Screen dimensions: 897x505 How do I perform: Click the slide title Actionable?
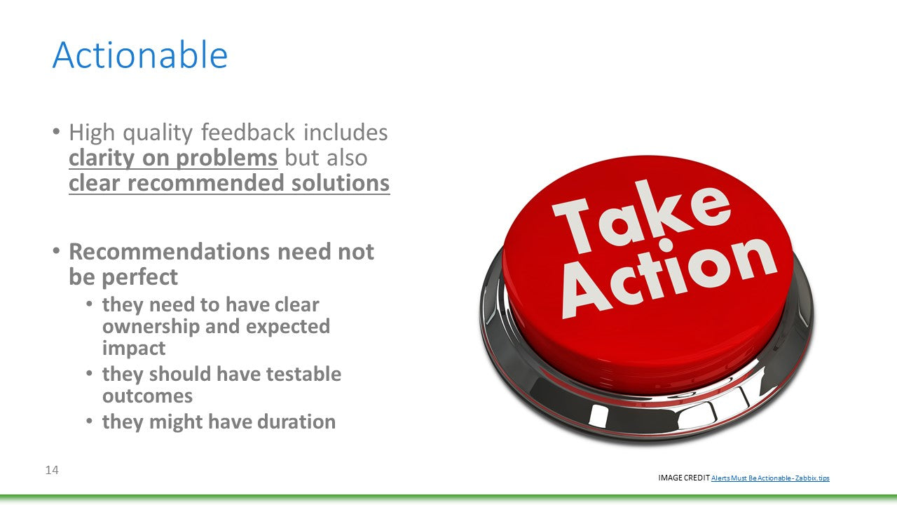click(139, 55)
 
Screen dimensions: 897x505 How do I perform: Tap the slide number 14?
click(52, 470)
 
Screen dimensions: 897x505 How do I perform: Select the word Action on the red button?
click(669, 276)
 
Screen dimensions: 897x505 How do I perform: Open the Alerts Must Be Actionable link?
click(770, 478)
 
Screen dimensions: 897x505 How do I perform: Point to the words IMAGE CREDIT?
click(684, 478)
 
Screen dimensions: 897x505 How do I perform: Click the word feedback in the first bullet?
click(248, 132)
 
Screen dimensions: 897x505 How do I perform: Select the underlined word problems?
click(226, 158)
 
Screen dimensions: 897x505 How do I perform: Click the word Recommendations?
click(170, 252)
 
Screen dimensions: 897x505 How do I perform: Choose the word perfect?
click(139, 277)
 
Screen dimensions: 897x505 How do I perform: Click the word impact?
click(134, 349)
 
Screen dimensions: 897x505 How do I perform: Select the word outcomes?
click(147, 396)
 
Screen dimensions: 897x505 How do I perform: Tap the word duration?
click(296, 422)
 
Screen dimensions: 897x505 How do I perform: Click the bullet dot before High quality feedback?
click(56, 131)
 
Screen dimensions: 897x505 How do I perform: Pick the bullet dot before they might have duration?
click(89, 422)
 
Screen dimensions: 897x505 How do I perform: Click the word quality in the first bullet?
click(158, 133)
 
